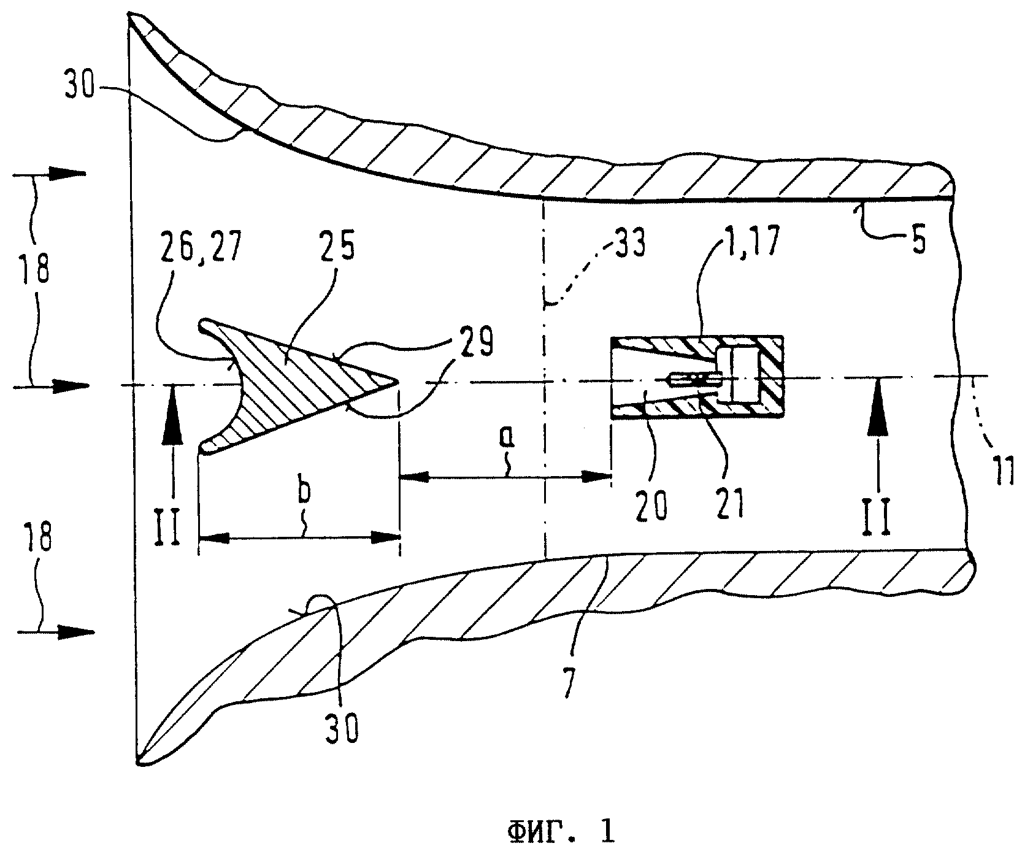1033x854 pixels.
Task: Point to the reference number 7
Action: pos(569,684)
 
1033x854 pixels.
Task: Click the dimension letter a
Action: pos(509,437)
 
